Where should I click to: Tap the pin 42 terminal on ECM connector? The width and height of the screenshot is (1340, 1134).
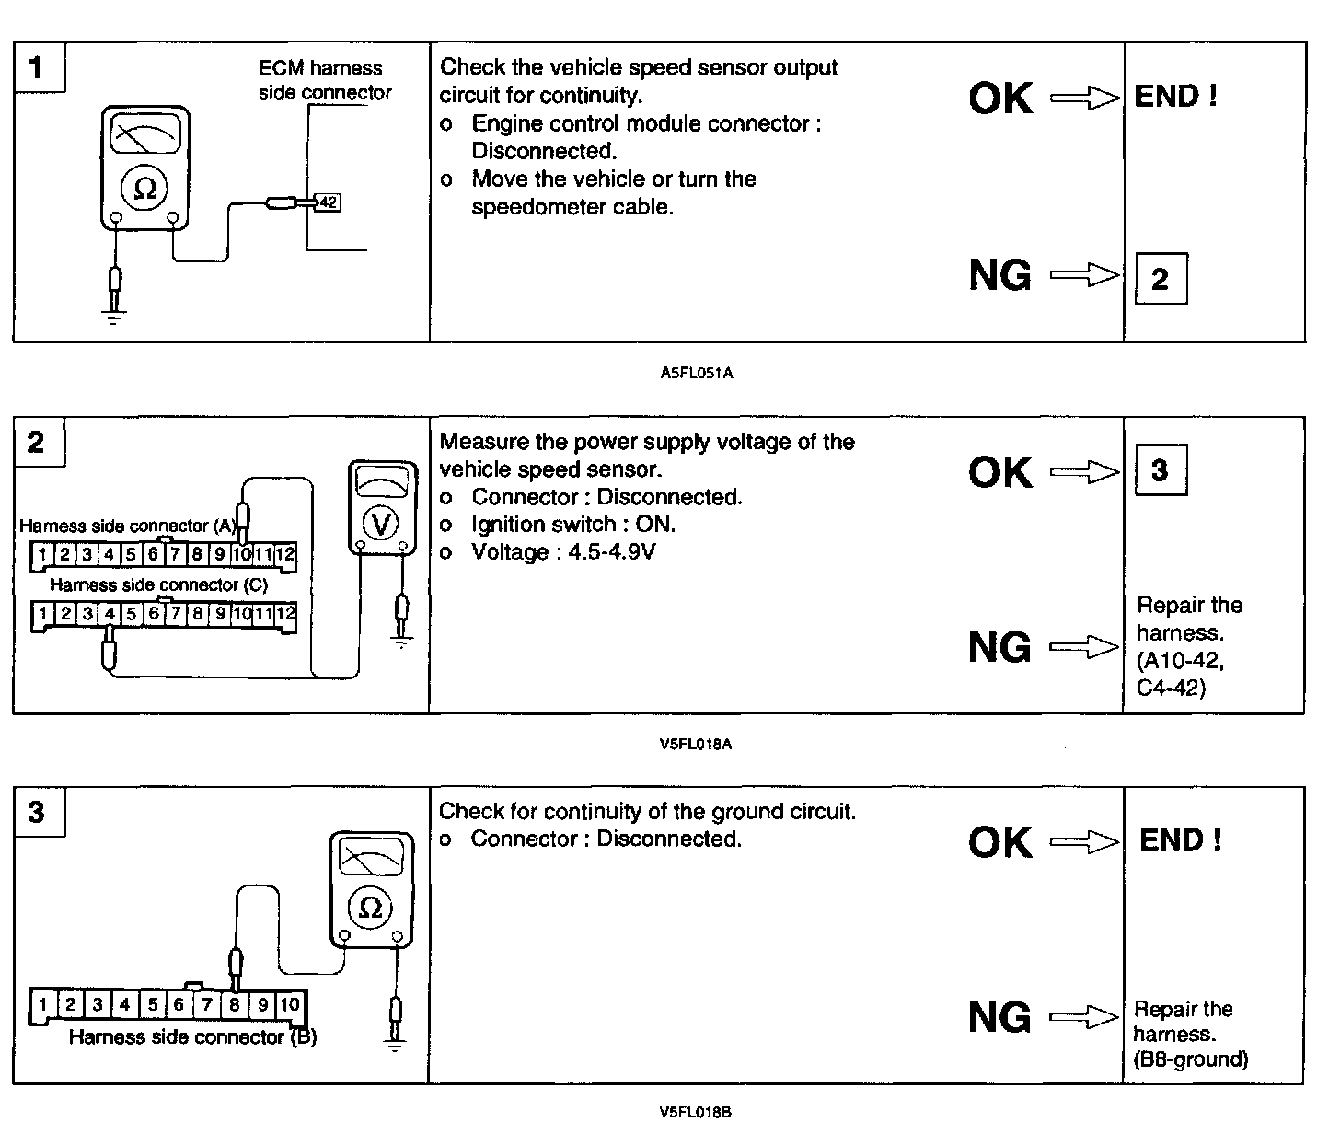[327, 202]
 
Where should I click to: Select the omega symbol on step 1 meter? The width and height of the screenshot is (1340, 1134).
[144, 189]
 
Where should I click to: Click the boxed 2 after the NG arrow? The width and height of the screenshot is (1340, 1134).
[1160, 278]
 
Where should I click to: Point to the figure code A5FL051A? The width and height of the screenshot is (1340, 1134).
[696, 374]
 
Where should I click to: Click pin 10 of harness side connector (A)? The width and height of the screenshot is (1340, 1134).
[241, 554]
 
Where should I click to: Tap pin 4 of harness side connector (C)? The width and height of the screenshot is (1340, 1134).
[110, 613]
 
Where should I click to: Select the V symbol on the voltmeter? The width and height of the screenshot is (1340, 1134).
[379, 524]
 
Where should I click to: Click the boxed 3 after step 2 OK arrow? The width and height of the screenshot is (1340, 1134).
[1160, 469]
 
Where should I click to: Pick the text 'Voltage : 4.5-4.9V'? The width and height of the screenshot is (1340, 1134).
[563, 551]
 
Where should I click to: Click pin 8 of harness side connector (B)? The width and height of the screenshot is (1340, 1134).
[235, 1003]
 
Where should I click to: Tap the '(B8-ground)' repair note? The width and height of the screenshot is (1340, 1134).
[1191, 1059]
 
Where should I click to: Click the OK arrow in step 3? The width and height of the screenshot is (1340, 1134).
[1083, 841]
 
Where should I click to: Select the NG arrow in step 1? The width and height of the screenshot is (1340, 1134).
[1083, 274]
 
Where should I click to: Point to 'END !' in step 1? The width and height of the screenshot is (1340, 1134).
[1176, 96]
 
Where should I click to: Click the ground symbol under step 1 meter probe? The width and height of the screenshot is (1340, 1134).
[114, 318]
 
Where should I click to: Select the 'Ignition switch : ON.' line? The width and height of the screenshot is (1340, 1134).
[572, 524]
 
